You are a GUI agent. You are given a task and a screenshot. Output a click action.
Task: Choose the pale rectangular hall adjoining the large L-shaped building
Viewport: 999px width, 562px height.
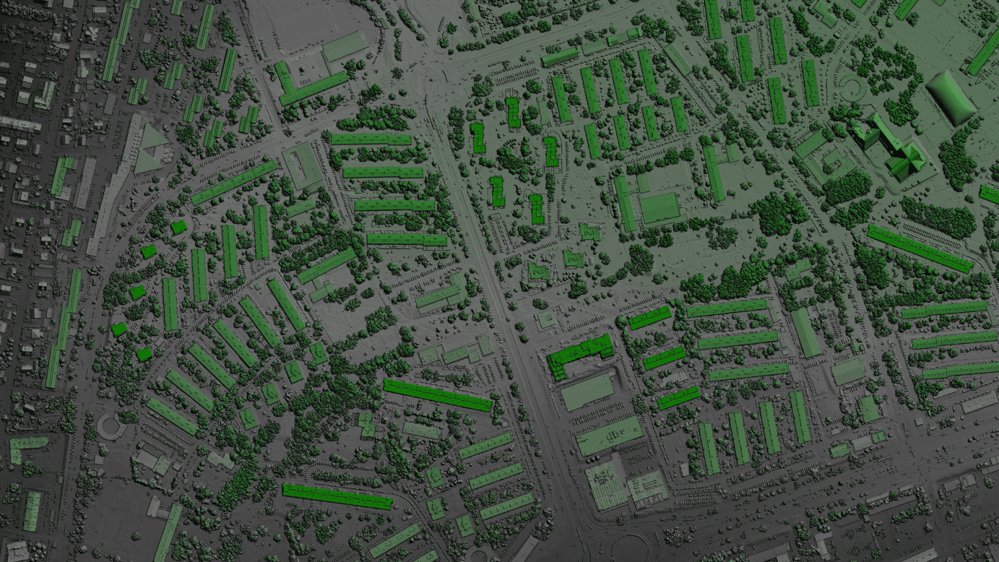(x=343, y=46)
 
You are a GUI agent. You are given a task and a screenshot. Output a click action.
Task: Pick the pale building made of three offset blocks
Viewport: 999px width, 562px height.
(x=455, y=351)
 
